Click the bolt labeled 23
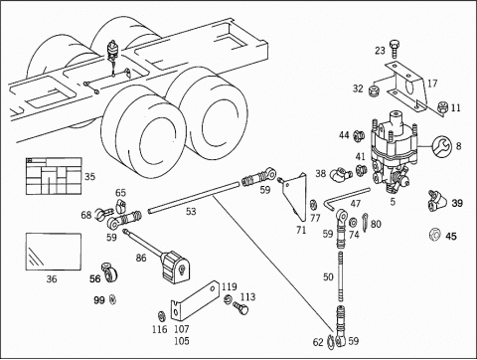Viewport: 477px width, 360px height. (x=395, y=52)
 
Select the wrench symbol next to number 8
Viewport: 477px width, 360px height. (x=441, y=145)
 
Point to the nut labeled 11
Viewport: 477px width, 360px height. (x=442, y=106)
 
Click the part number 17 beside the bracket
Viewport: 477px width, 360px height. (x=432, y=84)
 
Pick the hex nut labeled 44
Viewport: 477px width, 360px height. (x=359, y=135)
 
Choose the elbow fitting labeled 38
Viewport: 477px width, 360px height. (x=338, y=174)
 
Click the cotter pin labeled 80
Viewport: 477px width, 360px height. (x=365, y=222)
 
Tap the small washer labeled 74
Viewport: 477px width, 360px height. (x=353, y=222)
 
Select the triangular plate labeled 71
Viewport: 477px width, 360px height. (x=295, y=196)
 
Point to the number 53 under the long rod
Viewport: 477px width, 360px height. (x=191, y=212)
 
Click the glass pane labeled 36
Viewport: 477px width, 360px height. (x=54, y=252)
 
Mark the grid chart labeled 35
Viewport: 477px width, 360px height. (x=54, y=176)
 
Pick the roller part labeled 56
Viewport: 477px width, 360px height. (x=109, y=272)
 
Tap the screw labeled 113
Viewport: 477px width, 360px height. (x=240, y=308)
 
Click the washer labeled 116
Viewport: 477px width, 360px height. (x=162, y=316)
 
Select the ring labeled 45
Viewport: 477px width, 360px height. (x=434, y=234)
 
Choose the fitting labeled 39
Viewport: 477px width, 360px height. (x=435, y=201)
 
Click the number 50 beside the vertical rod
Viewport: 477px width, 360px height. (x=328, y=276)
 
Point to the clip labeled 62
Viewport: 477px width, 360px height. (x=331, y=342)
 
